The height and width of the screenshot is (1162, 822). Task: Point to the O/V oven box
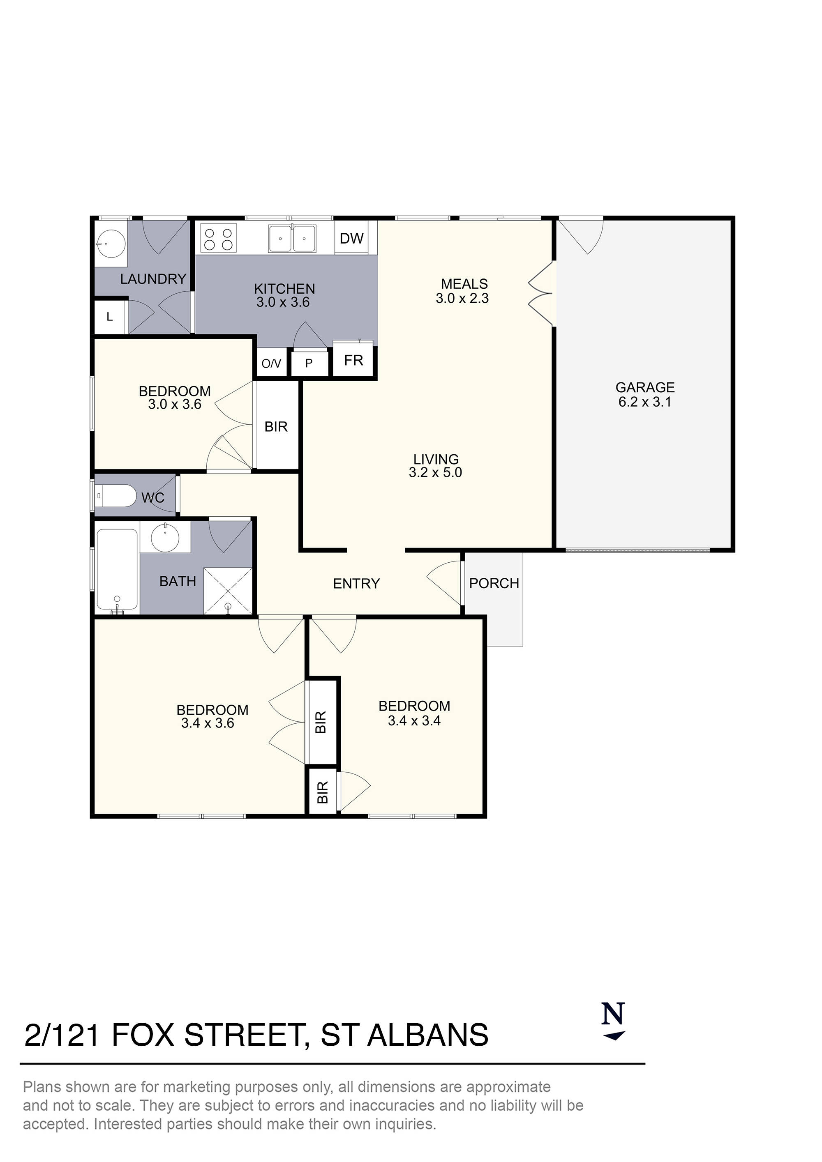[272, 364]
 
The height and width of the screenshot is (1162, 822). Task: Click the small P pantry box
[309, 364]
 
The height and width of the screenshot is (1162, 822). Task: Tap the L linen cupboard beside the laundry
[109, 318]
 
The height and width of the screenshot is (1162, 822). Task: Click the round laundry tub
[111, 244]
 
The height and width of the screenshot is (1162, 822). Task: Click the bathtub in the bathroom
[117, 569]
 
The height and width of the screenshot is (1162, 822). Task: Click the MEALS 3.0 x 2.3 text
[463, 291]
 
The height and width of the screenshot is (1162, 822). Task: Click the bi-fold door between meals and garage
[542, 294]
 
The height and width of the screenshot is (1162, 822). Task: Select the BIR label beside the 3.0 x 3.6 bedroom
[276, 427]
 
